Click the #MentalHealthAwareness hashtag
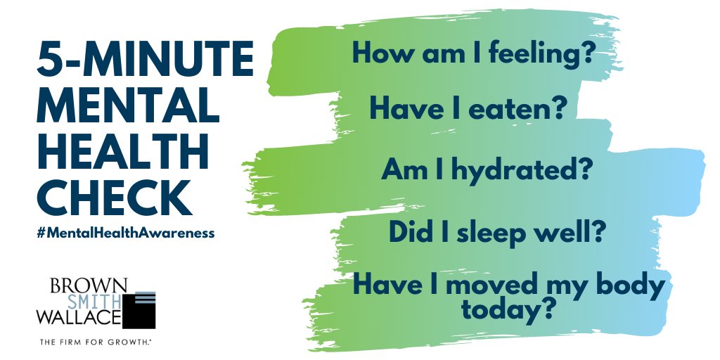coord(126,233)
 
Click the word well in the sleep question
coord(573,231)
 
